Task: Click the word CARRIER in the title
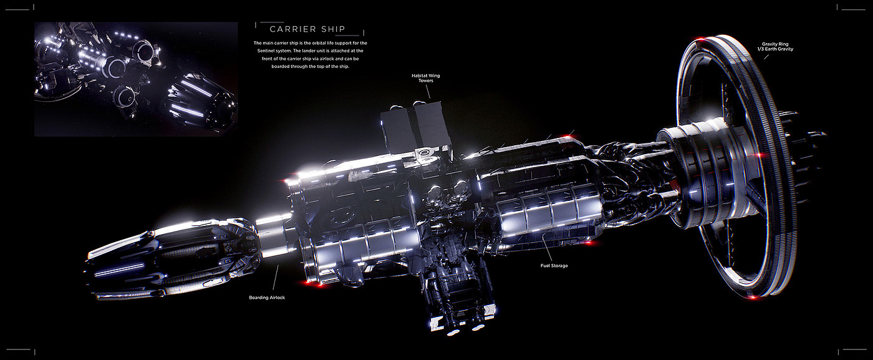(x=292, y=29)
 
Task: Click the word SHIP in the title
(x=333, y=29)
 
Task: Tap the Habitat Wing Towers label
(x=425, y=78)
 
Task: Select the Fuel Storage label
(x=554, y=266)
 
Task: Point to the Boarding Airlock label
(x=267, y=298)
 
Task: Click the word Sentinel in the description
(x=267, y=51)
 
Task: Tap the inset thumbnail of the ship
(x=136, y=79)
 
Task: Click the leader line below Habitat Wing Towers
(x=428, y=92)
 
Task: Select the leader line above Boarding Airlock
(x=276, y=277)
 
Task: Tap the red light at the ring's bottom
(x=753, y=297)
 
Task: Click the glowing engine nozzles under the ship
(x=466, y=330)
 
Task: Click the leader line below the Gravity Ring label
(x=766, y=57)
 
